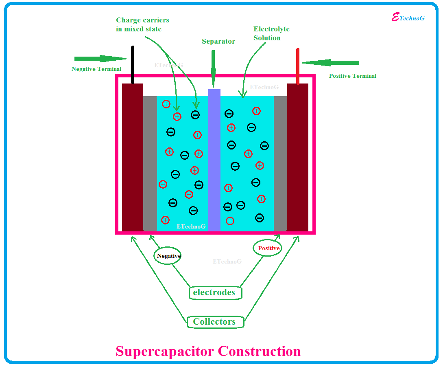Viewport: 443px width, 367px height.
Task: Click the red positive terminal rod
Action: (298, 65)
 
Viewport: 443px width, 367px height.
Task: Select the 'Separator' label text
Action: (218, 41)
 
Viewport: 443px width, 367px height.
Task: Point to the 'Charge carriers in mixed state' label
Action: (142, 24)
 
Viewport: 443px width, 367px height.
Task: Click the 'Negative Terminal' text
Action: (96, 69)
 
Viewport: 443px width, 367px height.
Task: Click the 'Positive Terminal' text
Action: (353, 76)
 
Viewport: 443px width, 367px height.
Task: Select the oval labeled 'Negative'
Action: (168, 256)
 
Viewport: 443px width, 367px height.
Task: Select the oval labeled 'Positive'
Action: (268, 248)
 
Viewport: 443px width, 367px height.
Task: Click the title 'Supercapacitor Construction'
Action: (208, 351)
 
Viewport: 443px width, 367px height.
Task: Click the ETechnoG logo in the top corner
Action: (408, 18)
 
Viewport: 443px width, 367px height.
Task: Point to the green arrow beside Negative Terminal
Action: (100, 59)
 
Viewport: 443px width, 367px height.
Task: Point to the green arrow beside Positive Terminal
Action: (331, 63)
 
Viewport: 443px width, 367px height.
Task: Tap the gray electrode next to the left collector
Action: (150, 163)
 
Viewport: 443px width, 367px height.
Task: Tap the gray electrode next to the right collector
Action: (281, 163)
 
